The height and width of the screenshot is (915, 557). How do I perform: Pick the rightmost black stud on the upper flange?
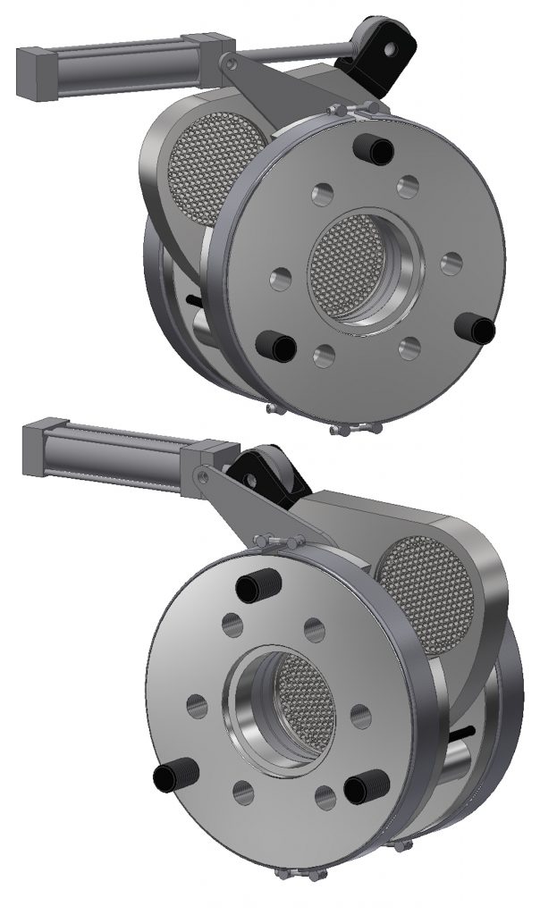(x=477, y=330)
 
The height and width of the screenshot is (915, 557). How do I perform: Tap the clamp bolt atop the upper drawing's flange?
(x=352, y=111)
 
